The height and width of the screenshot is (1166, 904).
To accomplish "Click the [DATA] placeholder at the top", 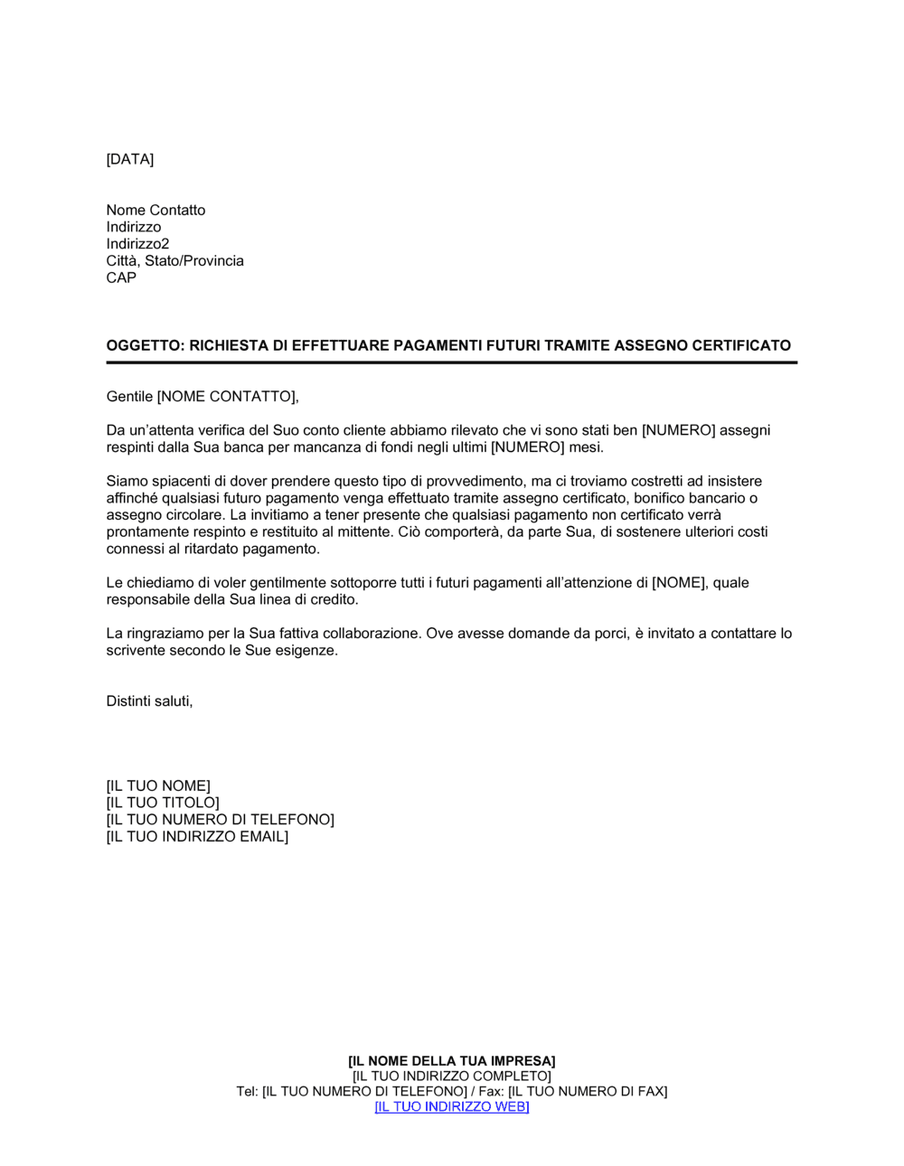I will [x=130, y=159].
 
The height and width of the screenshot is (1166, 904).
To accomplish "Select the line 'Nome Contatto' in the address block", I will [x=155, y=210].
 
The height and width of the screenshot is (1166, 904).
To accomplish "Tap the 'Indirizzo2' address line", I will [x=137, y=244].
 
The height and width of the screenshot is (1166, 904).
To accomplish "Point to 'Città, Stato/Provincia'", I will [x=174, y=261].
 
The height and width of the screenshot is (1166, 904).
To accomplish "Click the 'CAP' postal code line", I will [x=121, y=277].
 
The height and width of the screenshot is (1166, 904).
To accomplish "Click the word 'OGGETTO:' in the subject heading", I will [x=146, y=345].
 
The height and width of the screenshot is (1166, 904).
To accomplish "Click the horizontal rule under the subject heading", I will [x=451, y=362].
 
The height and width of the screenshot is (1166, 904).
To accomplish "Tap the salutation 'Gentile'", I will [x=129, y=396].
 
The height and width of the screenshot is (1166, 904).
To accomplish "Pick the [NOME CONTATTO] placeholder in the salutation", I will [x=227, y=396].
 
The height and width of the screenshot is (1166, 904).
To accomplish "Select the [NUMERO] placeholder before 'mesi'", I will [x=527, y=447].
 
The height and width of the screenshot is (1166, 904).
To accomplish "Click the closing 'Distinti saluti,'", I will [x=149, y=701].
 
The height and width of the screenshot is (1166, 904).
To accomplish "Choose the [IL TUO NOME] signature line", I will [x=158, y=786].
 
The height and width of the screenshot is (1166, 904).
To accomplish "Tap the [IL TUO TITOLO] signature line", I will [x=163, y=803].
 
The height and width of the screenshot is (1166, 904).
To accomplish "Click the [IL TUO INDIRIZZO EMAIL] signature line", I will [x=197, y=837].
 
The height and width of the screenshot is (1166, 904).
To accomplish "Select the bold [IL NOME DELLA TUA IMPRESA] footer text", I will [x=451, y=1061].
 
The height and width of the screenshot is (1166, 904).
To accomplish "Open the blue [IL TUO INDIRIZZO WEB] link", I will [x=451, y=1107].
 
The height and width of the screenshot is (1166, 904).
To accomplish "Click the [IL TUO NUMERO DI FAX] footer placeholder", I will [x=588, y=1092].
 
